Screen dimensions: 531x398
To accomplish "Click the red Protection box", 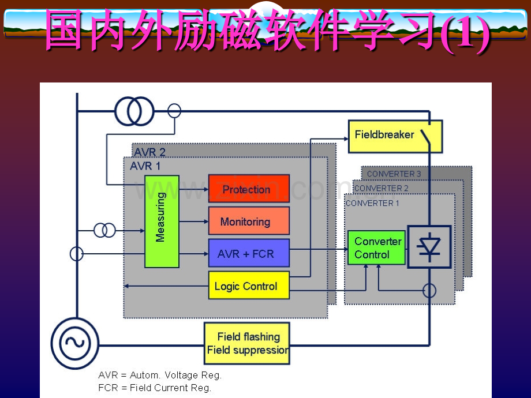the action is coord(249,189).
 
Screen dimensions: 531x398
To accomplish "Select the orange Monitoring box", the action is coord(249,221).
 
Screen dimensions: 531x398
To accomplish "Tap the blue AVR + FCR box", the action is coord(249,253).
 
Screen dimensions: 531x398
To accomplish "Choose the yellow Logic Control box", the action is coord(249,286).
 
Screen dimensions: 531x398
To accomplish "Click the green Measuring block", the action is coord(162,221).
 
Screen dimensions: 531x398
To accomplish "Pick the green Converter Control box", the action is coord(376,247).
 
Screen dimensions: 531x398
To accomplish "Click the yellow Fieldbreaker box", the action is coord(395,136).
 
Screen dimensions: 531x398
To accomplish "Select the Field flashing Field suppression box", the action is coord(247,343).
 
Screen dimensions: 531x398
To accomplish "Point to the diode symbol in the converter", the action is coord(429,247).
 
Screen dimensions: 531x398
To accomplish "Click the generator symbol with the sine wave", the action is coord(75,343).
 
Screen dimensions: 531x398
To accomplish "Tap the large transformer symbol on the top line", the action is coord(134,111).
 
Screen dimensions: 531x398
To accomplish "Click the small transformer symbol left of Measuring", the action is coord(104,231).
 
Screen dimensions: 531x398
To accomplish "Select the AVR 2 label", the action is coord(149,152).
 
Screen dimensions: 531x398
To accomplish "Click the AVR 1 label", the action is coord(145,166).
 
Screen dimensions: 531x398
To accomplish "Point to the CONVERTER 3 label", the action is coord(394,174).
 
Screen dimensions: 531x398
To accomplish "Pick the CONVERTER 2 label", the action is coord(382,188).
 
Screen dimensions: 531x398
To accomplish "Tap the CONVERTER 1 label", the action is coord(372,203).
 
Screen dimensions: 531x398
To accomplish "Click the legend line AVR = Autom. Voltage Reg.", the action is coord(160,376).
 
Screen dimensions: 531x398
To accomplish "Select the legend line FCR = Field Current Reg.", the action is coord(155,388).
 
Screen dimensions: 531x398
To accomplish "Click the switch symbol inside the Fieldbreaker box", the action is coord(426,137).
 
